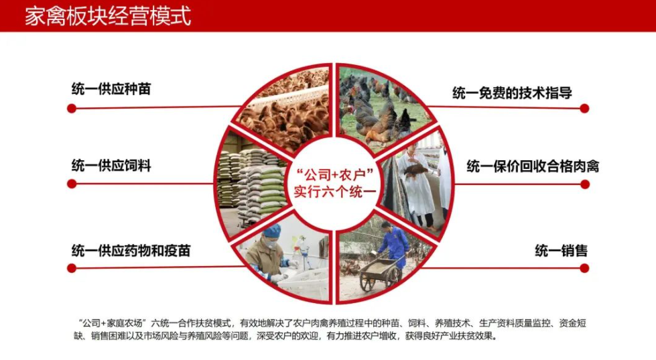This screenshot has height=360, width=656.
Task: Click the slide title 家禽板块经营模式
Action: tap(108, 16)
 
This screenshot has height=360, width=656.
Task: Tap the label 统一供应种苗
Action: tap(111, 89)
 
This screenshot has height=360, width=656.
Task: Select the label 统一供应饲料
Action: tap(111, 166)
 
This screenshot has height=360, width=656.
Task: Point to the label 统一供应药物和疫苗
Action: tap(131, 250)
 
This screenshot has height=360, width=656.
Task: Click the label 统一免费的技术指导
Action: tap(512, 93)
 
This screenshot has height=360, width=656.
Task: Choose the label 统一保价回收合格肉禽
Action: tap(533, 166)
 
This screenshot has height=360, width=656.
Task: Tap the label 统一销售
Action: tap(561, 250)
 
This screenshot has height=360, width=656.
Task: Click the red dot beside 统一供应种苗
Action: tap(72, 109)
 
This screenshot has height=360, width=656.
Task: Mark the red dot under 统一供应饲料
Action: tap(72, 184)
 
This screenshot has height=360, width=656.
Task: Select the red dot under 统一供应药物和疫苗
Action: tap(72, 268)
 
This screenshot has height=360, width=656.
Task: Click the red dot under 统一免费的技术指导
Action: tap(584, 109)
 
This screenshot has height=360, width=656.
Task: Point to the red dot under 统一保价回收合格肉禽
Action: tap(584, 184)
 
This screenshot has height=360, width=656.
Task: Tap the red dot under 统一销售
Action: tap(584, 268)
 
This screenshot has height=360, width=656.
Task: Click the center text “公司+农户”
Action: tap(334, 174)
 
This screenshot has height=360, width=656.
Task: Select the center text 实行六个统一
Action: tap(334, 192)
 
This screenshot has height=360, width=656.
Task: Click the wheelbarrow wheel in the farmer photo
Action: tap(368, 282)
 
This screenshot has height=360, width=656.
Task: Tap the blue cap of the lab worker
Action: tap(271, 231)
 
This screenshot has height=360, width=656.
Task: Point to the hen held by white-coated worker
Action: tap(415, 170)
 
